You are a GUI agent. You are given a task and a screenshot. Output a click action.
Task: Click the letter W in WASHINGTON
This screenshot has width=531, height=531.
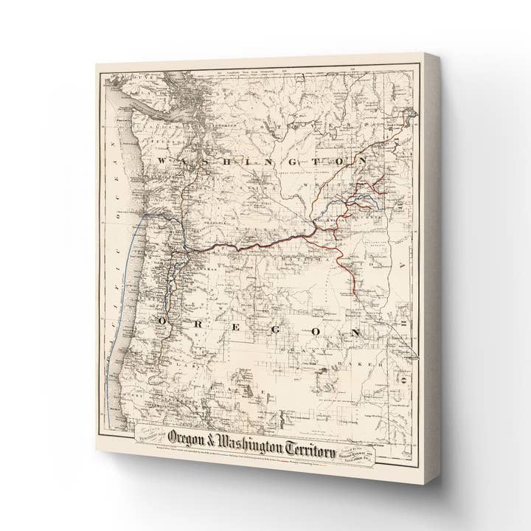click(162, 159)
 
